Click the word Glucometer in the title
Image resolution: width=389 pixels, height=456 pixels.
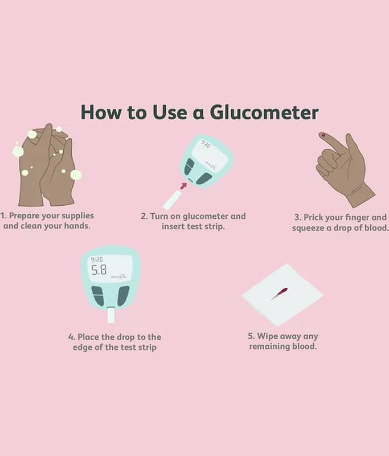tap(264, 112)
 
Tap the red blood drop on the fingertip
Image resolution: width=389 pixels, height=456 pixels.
tap(323, 135)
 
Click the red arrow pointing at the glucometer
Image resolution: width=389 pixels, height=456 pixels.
tap(183, 186)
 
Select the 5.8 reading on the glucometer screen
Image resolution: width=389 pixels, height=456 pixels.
tap(99, 270)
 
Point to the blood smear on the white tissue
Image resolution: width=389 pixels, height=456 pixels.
tap(280, 293)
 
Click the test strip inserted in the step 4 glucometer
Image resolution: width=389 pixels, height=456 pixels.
tap(111, 315)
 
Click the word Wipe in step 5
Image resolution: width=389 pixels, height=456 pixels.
tap(264, 336)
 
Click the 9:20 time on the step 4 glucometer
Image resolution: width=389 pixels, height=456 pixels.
tap(97, 259)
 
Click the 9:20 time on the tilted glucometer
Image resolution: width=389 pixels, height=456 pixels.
tap(206, 144)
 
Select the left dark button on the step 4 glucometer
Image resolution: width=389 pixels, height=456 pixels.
tap(97, 296)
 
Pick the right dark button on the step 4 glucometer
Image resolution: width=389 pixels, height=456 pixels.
tap(124, 296)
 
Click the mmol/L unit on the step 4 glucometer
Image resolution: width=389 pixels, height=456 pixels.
tap(118, 276)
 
